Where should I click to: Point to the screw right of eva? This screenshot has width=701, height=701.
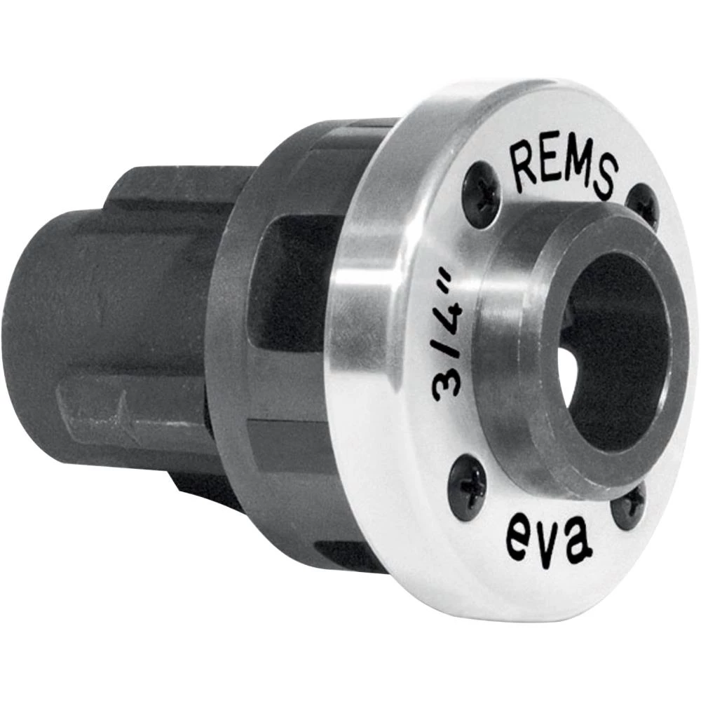[x=628, y=506]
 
